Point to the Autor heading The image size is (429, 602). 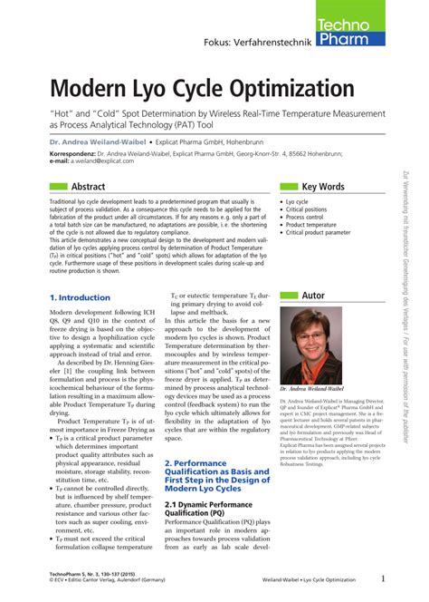(312, 295)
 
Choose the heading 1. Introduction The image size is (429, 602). (80, 296)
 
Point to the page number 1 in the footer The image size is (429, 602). (383, 579)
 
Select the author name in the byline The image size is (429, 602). (99, 142)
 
